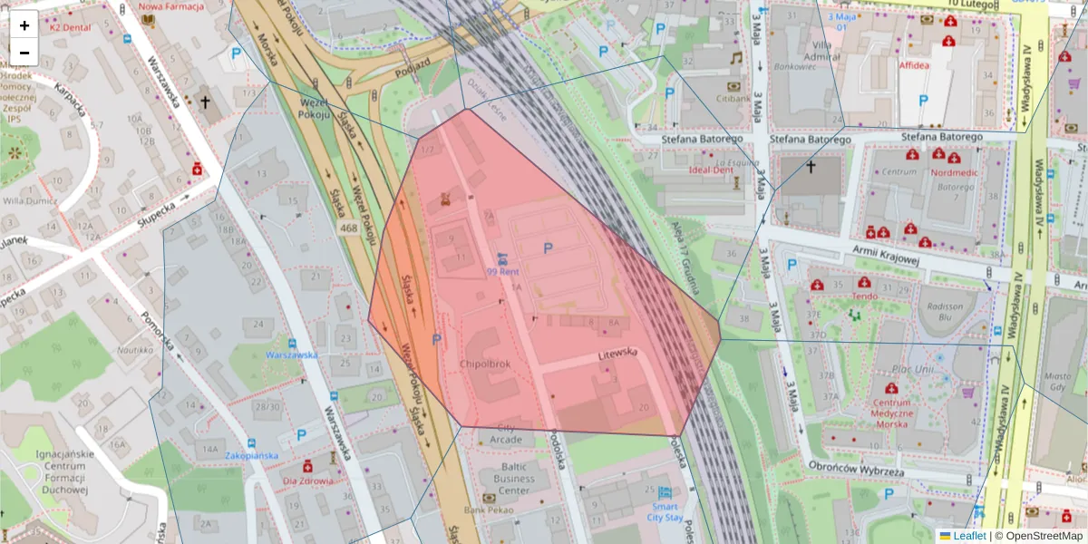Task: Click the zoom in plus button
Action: pos(24,25)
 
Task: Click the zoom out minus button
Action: pos(24,52)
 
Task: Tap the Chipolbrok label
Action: pos(485,364)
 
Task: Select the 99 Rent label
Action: pos(502,271)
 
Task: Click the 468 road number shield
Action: pos(348,228)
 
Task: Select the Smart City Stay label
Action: pos(665,512)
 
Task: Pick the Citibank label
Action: pos(733,98)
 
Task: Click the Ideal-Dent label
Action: pos(711,170)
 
